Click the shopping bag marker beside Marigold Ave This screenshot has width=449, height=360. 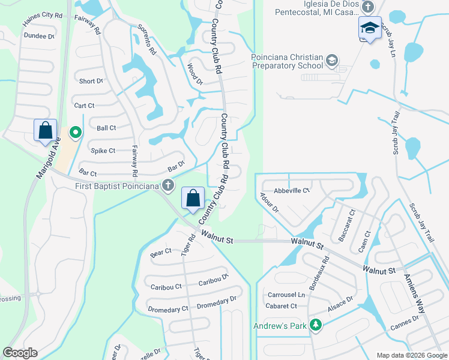(x=45, y=130)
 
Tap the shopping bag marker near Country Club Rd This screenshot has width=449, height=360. (x=193, y=198)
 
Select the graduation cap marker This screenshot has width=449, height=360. (x=369, y=28)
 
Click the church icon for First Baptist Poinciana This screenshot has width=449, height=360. (x=169, y=185)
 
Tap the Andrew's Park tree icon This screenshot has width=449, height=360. (x=315, y=326)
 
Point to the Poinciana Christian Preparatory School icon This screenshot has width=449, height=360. (x=332, y=61)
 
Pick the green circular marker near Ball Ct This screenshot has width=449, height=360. (x=75, y=132)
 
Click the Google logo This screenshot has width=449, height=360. (x=20, y=353)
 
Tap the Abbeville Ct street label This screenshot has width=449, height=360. (x=291, y=191)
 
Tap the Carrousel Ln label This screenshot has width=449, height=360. (x=286, y=295)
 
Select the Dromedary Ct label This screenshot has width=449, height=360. (x=168, y=309)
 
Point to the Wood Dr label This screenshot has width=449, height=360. (x=194, y=73)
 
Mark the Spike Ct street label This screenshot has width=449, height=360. (x=103, y=151)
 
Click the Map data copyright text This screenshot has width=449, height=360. (x=411, y=355)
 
